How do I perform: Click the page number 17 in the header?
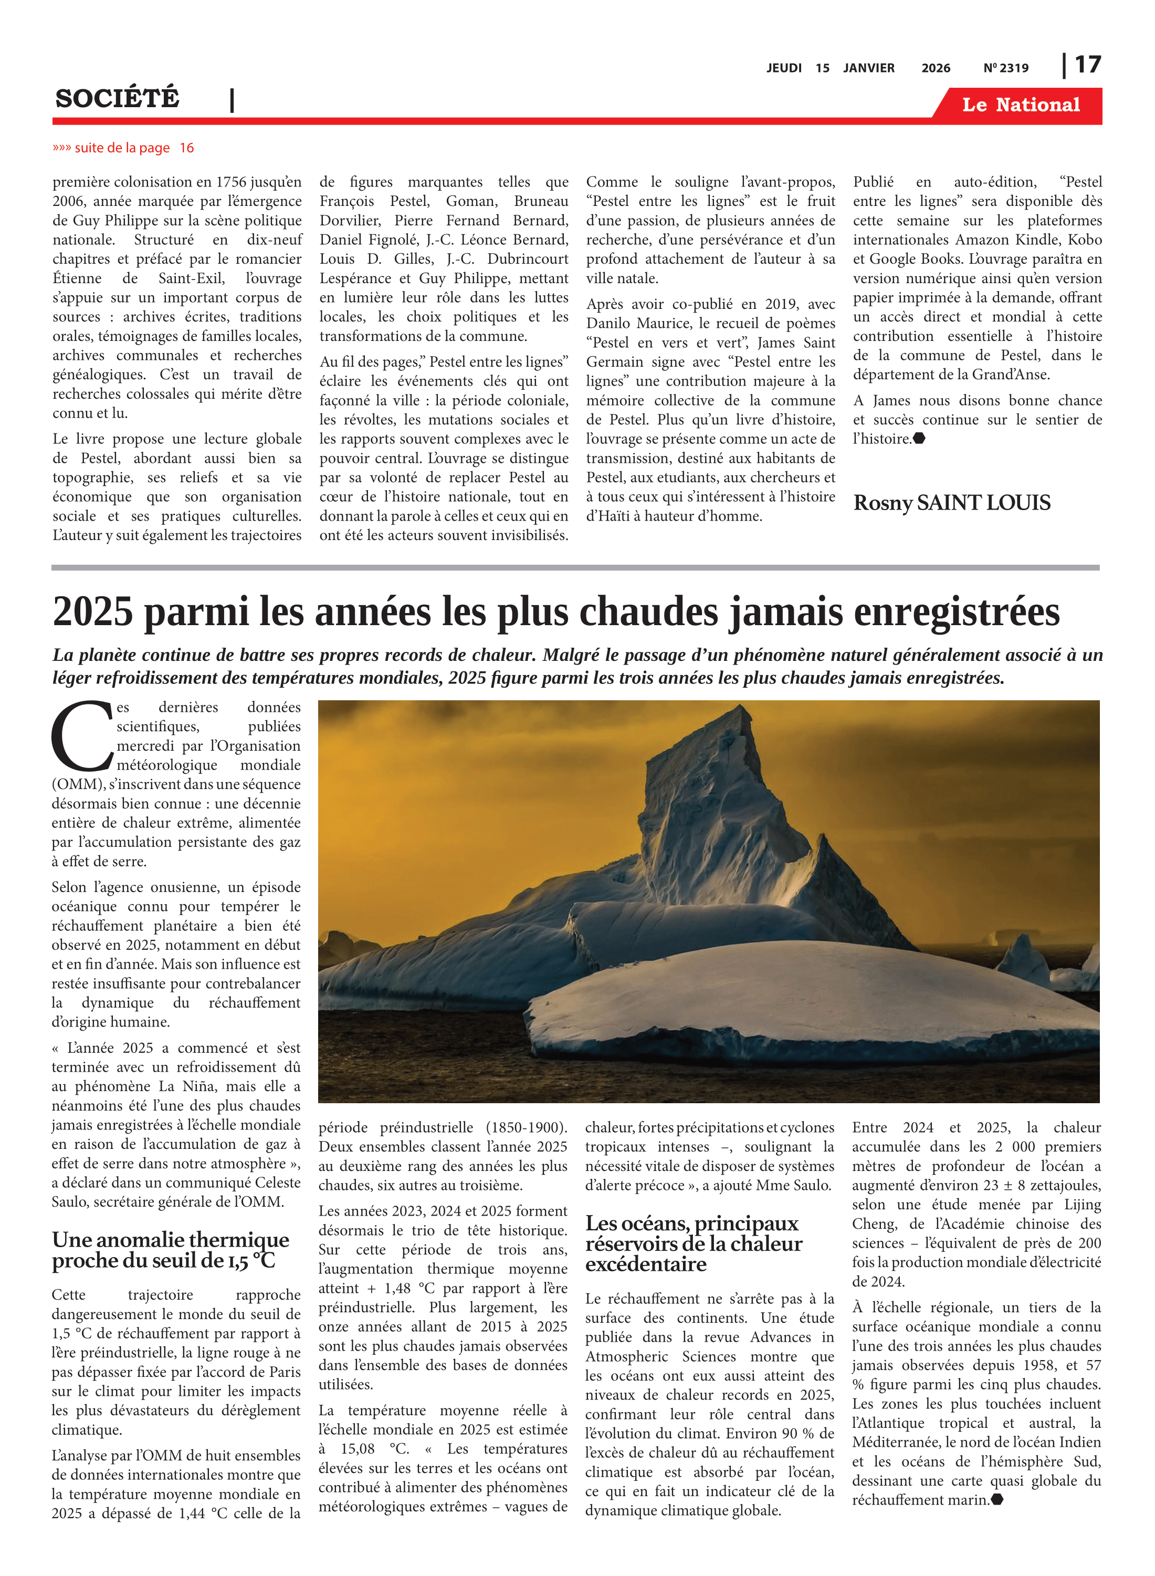[x=1087, y=65]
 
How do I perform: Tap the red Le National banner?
[x=1020, y=105]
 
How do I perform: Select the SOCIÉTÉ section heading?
[x=118, y=98]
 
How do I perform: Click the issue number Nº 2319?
[x=1005, y=68]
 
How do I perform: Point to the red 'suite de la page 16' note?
[x=123, y=148]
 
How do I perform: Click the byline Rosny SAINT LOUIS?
[x=951, y=502]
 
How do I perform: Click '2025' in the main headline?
[x=92, y=611]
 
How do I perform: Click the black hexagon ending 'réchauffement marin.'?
[x=997, y=1499]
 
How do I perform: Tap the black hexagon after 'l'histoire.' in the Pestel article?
[x=919, y=439]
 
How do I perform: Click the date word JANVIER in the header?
[x=868, y=68]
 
